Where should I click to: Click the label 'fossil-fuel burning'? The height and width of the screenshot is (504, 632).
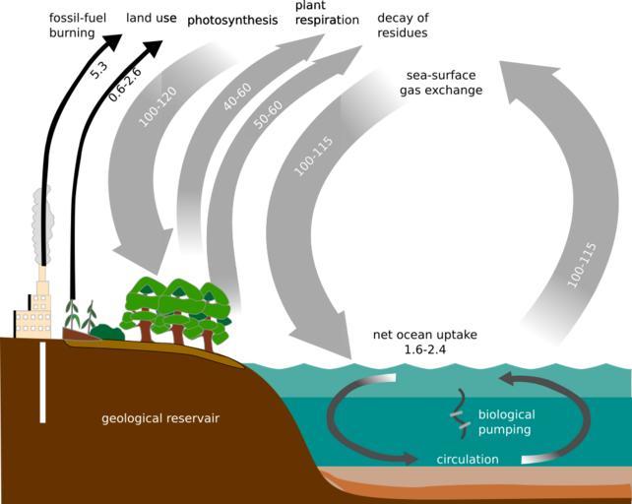77,26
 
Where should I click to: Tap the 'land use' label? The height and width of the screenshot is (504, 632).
151,19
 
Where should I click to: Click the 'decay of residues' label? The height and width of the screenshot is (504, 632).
403,26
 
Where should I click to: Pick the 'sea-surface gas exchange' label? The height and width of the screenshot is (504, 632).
440,83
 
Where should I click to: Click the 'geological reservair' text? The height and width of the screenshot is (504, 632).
160,419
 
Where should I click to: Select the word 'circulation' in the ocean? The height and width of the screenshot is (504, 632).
468,459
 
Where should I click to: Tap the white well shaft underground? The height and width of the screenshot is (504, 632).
42,380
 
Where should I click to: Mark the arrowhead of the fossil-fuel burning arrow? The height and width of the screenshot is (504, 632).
113,40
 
